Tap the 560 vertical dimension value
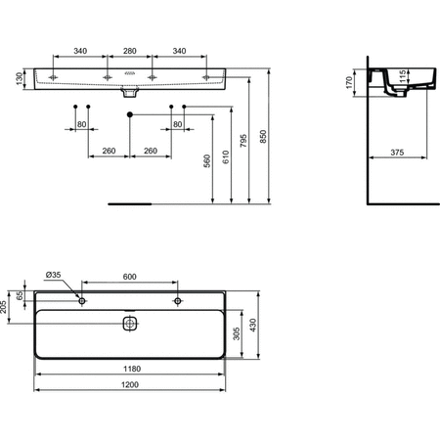coord(207,162)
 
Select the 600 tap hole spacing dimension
coord(130,277)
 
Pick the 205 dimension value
coord(6,308)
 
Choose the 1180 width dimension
coord(130,370)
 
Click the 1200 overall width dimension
coord(130,385)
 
